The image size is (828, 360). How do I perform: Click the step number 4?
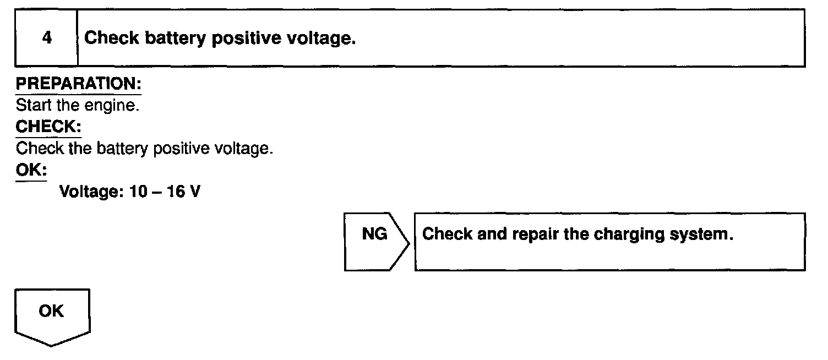(47, 39)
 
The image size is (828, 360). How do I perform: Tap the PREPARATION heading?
(79, 84)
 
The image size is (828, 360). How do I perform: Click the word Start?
(31, 105)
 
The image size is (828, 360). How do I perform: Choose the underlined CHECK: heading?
(48, 127)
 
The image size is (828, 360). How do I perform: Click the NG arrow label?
(374, 234)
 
